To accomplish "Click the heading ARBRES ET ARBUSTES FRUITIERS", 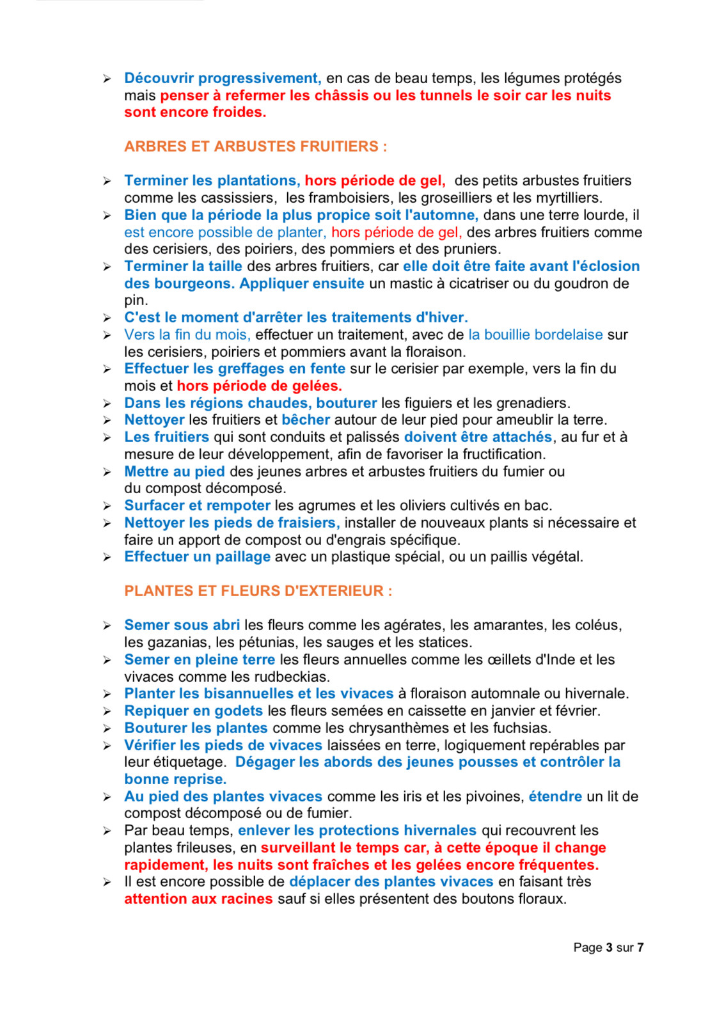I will (x=255, y=146).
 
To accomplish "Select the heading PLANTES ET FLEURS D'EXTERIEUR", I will (x=258, y=591).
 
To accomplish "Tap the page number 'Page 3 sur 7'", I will (x=608, y=947).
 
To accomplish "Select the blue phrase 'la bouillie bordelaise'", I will (x=535, y=335).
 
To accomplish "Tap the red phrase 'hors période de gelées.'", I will (x=259, y=386).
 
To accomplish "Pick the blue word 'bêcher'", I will (x=306, y=420).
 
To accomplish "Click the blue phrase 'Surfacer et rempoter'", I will (x=197, y=505).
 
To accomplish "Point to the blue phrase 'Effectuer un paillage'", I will (x=197, y=556).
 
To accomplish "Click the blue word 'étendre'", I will (x=555, y=796).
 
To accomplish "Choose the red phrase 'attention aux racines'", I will (x=198, y=899).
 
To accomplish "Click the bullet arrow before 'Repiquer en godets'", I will (x=107, y=711).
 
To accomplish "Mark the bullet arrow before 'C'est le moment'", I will (x=107, y=318).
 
